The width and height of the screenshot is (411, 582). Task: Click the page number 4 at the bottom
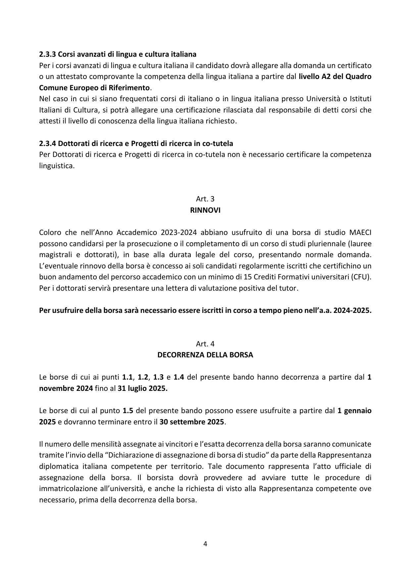point(205,544)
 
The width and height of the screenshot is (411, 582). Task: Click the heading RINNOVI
point(205,210)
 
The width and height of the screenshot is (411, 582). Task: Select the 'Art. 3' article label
point(205,199)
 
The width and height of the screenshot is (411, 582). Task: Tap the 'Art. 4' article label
point(205,344)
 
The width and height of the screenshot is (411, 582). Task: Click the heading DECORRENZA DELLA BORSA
point(205,355)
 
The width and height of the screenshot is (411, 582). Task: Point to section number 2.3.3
point(48,54)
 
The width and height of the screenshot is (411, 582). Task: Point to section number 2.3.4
point(48,143)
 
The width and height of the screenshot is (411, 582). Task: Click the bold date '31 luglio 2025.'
point(143,388)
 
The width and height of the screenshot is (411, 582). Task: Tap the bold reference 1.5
point(128,411)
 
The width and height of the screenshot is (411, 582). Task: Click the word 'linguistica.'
point(57,166)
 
